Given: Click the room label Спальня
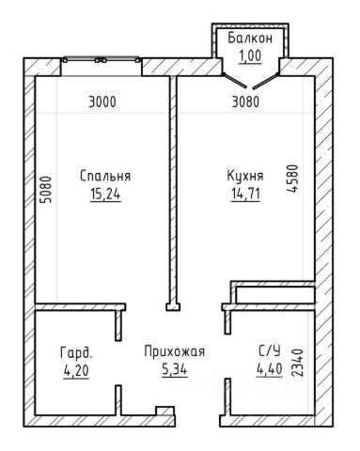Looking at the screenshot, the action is [105, 176].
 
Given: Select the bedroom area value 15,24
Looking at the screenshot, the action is [105, 194].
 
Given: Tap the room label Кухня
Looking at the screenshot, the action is [245, 176].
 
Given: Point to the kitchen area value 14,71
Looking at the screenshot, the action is [245, 194].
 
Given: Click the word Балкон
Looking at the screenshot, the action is [250, 38].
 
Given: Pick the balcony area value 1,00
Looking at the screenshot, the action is [250, 56].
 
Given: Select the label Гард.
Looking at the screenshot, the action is [76, 352].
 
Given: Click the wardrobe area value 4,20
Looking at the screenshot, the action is [76, 371].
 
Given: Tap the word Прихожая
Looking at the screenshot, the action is [175, 351].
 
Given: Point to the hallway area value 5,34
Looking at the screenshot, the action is [175, 370].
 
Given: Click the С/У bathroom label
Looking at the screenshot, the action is [270, 350].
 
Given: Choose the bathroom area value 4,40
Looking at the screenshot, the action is [270, 369].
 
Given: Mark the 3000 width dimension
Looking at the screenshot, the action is [102, 102].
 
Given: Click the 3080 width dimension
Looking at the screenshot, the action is [245, 102].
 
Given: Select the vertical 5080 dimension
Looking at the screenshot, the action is [46, 190].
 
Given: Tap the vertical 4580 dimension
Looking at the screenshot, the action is [291, 179].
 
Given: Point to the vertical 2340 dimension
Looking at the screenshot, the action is [297, 363].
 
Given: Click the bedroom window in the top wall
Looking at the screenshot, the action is [101, 59].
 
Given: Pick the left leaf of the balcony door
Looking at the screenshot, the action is [234, 80].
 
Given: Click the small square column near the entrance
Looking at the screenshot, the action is [164, 411].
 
